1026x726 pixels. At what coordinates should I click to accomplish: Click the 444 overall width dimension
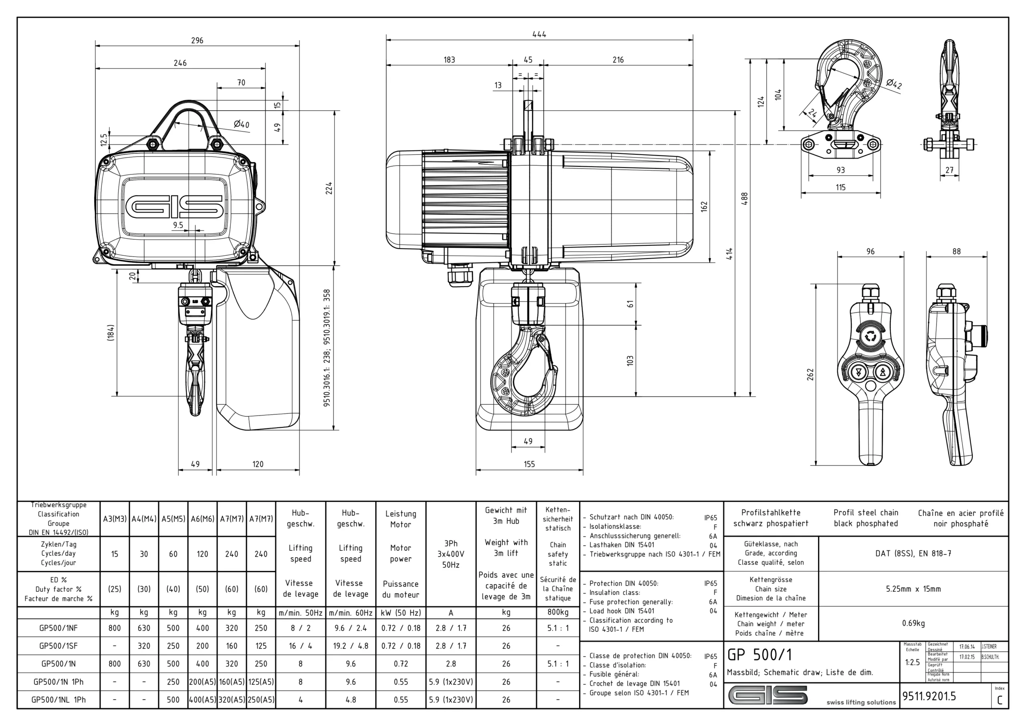(539, 34)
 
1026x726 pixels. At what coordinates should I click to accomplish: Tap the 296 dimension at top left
(197, 40)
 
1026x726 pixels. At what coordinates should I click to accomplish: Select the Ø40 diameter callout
(241, 124)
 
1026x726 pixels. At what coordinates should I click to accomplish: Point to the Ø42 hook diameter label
(894, 84)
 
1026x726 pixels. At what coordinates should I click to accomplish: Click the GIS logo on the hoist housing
(174, 206)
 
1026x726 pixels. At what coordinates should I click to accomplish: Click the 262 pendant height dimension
(810, 374)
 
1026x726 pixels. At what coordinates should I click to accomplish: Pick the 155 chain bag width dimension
(529, 464)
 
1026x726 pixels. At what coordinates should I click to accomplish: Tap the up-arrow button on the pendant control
(883, 372)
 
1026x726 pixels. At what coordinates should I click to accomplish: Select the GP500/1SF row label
(58, 646)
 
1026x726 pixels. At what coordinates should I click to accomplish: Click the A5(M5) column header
(173, 519)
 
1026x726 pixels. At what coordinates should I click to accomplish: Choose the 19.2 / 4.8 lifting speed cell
(350, 646)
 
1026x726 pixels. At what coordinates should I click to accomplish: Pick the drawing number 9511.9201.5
(929, 696)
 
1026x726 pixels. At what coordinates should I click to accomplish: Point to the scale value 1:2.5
(912, 662)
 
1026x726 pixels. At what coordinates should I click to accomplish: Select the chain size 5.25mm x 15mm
(913, 589)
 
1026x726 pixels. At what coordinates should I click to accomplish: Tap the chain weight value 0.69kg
(913, 623)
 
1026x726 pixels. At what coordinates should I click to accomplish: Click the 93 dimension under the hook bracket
(840, 170)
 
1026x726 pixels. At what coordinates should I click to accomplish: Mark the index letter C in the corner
(1000, 700)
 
